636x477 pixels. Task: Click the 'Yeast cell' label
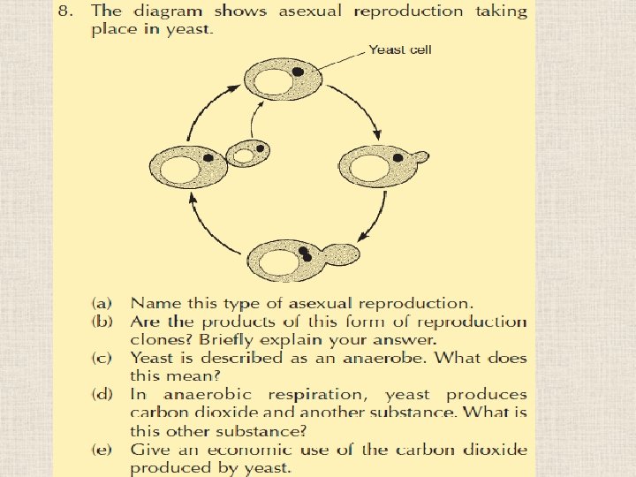400,49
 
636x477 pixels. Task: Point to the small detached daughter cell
246,154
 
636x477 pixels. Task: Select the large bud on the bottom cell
341,254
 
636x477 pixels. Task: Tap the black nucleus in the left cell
208,157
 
